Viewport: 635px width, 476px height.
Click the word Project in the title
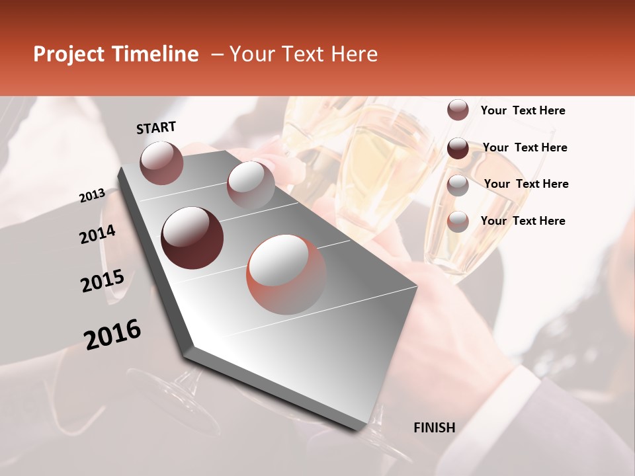[x=68, y=54]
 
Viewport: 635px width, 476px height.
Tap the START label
[x=156, y=128]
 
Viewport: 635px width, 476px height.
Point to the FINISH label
[x=434, y=428]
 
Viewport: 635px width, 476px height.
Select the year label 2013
[x=92, y=195]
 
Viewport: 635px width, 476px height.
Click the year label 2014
[x=97, y=235]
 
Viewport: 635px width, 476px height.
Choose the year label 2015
[x=102, y=280]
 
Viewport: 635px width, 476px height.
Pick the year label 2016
[x=112, y=335]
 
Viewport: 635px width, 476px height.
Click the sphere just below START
[x=161, y=163]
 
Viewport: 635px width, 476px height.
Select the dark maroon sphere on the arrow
[x=192, y=238]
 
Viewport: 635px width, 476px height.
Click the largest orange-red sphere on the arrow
[x=286, y=274]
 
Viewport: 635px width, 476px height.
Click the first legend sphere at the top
[x=458, y=110]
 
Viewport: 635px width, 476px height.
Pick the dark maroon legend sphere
[x=458, y=148]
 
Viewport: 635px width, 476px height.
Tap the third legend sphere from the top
[x=458, y=184]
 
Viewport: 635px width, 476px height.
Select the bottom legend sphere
[x=458, y=221]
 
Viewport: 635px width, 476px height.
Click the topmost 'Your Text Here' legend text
[x=523, y=111]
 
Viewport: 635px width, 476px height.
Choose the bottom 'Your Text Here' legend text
[x=523, y=221]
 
